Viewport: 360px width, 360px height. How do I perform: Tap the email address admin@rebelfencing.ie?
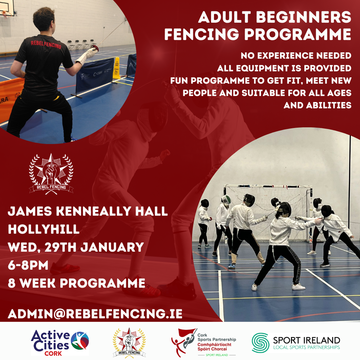[x=95, y=314]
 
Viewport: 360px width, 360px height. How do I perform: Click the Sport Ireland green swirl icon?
[x=260, y=343]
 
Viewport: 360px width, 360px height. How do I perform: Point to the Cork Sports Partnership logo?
[x=203, y=343]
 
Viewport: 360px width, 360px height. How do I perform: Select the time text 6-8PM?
[x=28, y=265]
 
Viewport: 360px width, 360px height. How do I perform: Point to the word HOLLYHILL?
[x=44, y=229]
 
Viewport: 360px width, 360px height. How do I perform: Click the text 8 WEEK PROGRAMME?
[x=77, y=283]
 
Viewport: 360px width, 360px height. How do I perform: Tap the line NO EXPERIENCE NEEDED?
[x=296, y=55]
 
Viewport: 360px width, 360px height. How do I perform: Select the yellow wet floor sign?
[x=116, y=68]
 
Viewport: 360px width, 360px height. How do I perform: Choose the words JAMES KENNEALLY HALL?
[x=88, y=211]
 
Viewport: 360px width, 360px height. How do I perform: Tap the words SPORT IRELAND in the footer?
[x=306, y=340]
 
